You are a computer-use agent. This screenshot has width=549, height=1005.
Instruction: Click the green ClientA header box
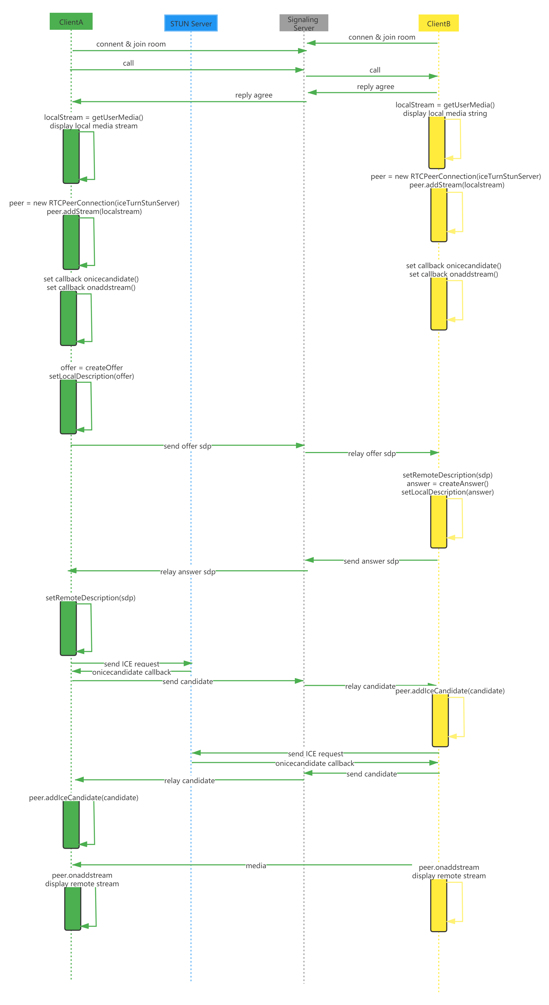71,22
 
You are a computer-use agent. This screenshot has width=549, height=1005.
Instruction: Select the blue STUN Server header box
191,23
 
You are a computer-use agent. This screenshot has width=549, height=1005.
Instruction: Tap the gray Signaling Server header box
304,23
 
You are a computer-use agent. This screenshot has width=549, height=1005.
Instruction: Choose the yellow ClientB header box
439,23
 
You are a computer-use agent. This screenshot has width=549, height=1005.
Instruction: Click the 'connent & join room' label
131,44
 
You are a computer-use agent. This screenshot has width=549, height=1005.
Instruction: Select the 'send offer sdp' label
187,446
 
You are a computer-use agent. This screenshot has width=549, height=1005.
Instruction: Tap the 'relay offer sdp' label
372,453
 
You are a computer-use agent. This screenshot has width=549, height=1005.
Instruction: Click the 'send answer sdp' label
371,561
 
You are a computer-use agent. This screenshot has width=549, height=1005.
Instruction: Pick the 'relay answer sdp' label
188,572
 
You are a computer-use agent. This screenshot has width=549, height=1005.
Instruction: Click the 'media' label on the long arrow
256,865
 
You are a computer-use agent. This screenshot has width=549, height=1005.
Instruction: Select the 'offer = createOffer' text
92,368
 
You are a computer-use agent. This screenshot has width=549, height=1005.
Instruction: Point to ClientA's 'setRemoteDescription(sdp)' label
90,598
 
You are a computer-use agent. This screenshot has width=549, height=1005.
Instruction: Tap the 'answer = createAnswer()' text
447,483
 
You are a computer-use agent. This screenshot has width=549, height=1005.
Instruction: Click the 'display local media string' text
445,113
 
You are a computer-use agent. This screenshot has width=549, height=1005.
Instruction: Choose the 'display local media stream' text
94,126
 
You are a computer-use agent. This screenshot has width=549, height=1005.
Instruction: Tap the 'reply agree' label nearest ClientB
375,86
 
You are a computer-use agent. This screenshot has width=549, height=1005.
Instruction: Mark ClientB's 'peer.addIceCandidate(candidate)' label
450,691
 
